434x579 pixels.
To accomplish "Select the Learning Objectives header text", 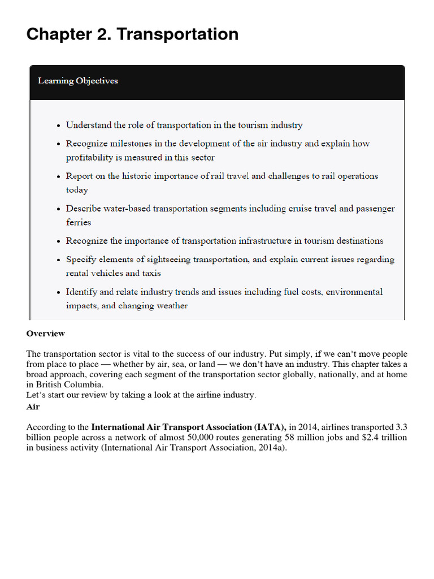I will (78, 80).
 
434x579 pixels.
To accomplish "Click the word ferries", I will (79, 222).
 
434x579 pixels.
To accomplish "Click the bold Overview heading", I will (46, 334).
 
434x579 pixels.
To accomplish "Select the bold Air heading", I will (33, 407).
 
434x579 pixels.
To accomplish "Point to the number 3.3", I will (400, 427).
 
